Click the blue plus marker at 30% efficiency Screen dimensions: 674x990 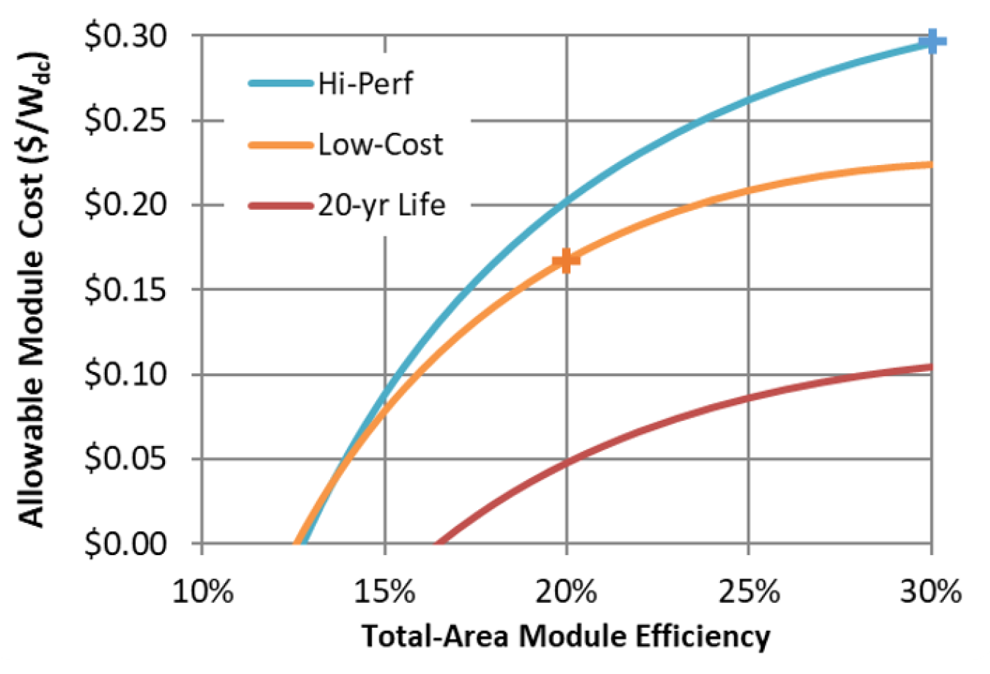(931, 41)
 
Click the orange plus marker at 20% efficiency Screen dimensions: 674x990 (565, 260)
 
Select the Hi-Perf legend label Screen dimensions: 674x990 (365, 84)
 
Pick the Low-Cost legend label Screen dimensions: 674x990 (381, 144)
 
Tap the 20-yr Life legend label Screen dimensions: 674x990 (381, 205)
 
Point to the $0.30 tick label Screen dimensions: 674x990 (125, 37)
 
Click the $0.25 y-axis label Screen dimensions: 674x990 (125, 121)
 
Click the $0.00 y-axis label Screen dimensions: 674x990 (125, 544)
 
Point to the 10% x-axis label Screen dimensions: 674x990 (202, 591)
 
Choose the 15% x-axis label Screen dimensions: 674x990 (385, 591)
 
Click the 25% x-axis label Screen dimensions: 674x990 (749, 591)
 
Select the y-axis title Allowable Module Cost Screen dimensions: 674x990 (32, 290)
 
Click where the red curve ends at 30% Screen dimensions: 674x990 (930, 367)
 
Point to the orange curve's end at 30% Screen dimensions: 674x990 (930, 164)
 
